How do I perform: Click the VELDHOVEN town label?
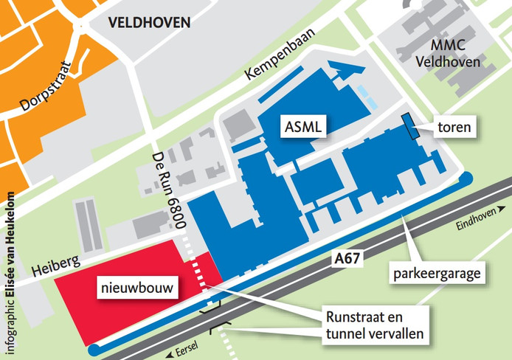tap(148, 22)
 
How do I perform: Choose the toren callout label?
tap(454, 128)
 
